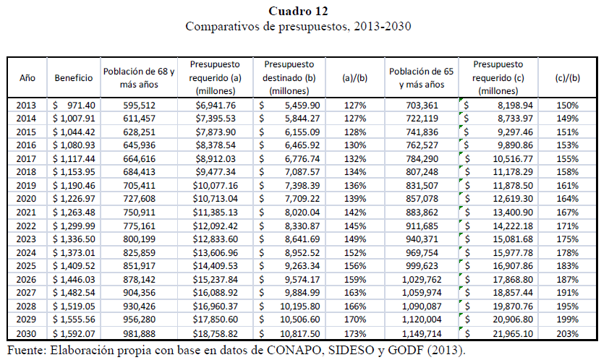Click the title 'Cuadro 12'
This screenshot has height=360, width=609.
pos(298,11)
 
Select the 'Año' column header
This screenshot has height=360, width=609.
pos(27,77)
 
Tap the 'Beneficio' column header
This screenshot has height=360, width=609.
pos(74,77)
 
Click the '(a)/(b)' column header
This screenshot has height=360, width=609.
pos(354,77)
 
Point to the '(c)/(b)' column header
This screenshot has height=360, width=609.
pos(568,77)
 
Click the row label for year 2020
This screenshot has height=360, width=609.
pos(26,199)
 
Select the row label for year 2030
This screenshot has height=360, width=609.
pos(26,333)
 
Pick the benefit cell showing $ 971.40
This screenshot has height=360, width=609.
pos(74,106)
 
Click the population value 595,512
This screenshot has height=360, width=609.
pos(139,106)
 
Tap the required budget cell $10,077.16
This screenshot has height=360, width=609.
pos(215,185)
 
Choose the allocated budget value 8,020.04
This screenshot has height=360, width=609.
pos(302,213)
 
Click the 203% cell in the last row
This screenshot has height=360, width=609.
pos(568,333)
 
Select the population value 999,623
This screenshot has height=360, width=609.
pos(422,266)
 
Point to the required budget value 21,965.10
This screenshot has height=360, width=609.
pos(513,333)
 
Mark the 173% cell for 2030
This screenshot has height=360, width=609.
pos(355,333)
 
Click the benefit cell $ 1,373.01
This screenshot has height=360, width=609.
pos(74,253)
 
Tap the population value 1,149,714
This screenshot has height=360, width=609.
pos(422,333)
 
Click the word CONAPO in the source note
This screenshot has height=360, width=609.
pos(294,351)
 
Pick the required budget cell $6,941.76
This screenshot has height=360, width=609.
pos(215,106)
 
